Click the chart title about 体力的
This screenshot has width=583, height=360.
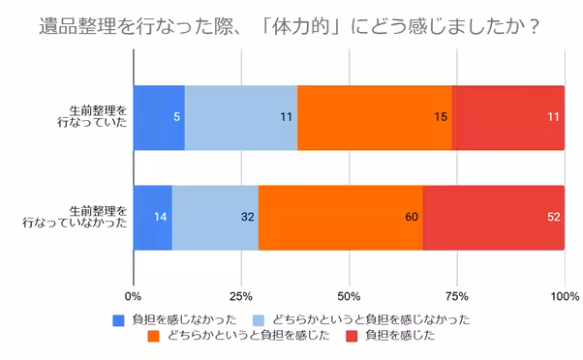291,23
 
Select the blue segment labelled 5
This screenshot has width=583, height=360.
159,117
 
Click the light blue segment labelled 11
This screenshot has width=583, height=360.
241,117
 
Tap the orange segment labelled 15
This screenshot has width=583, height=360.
375,117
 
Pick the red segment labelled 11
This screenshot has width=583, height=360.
508,117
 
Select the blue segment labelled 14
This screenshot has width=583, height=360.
153,216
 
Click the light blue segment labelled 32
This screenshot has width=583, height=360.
215,216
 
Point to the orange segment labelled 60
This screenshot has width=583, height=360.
341,216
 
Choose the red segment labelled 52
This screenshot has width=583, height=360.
494,216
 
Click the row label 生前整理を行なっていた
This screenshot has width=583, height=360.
91,117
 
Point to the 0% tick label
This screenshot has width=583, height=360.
134,295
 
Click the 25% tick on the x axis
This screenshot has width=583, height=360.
241,295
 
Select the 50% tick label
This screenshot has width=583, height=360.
349,295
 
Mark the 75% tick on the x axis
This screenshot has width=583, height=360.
457,295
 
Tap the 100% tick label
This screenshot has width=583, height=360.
564,295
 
